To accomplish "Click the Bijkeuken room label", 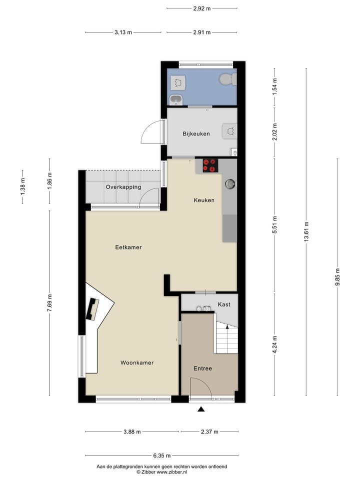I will (196, 133).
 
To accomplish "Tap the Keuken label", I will (204, 200).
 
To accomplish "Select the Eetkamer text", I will (128, 247).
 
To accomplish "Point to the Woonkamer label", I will (136, 362).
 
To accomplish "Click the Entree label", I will (203, 368).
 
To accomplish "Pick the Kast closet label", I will (223, 304).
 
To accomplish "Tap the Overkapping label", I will (123, 187).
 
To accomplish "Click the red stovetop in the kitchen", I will (210, 165).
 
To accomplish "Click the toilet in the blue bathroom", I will (227, 79).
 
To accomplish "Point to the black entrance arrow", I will (201, 409).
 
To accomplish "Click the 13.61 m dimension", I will (306, 232).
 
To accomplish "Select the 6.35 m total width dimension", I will (161, 455).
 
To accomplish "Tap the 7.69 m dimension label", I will (49, 303).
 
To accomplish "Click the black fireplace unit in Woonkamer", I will (93, 309).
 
